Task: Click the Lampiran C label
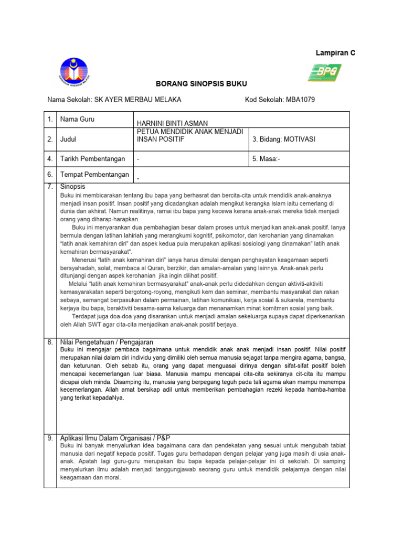[x=335, y=53]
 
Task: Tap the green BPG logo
[x=324, y=72]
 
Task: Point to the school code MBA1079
[x=299, y=100]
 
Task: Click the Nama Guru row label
[x=77, y=119]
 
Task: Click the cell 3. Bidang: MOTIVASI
[x=284, y=139]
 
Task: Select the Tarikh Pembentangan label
[x=92, y=158]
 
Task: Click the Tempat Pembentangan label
[x=94, y=175]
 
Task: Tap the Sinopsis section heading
[x=73, y=187]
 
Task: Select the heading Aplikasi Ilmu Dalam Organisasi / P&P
[x=115, y=438]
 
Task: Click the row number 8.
[x=50, y=342]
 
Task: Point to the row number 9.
[x=50, y=438]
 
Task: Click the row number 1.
[x=50, y=119]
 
